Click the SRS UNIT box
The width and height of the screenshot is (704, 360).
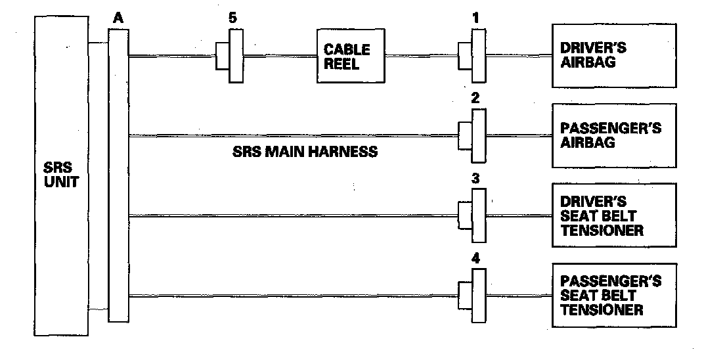(x=60, y=175)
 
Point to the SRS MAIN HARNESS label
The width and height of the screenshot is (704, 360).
(x=305, y=152)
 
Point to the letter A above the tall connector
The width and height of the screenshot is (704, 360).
(x=118, y=18)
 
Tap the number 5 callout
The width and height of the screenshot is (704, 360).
(x=232, y=18)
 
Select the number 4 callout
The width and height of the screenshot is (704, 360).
(x=476, y=258)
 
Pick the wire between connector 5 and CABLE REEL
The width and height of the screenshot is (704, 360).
(x=280, y=56)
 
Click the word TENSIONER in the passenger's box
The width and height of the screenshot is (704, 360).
(x=602, y=309)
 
